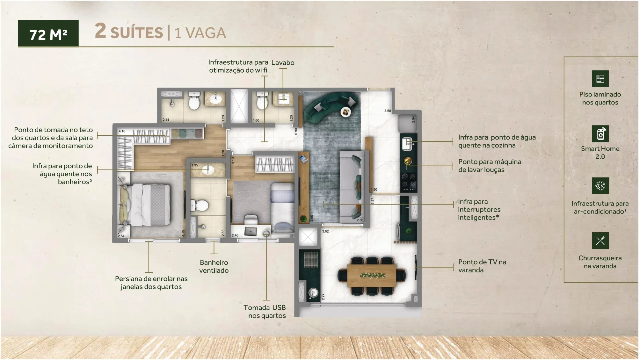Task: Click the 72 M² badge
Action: click(48, 33)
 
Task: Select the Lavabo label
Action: click(283, 63)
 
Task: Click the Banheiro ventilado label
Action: click(214, 266)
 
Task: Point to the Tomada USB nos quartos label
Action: click(265, 312)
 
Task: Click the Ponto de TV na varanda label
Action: click(482, 266)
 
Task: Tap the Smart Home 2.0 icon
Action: click(600, 134)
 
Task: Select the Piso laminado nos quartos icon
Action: click(600, 79)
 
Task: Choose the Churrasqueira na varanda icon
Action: click(600, 241)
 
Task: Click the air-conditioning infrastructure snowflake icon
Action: click(600, 186)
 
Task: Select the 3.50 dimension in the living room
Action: click(388, 111)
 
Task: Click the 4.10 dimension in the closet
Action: click(122, 131)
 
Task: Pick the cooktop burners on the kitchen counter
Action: click(409, 180)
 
